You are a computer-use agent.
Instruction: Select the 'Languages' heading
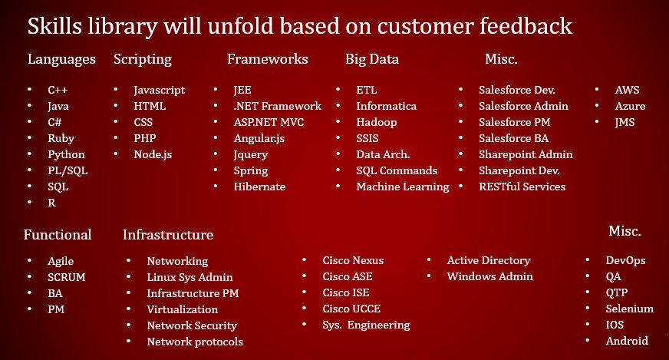coord(61,59)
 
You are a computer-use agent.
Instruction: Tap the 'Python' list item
coord(66,154)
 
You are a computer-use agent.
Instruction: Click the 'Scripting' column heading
coord(143,59)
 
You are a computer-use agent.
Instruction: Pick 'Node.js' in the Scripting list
coord(153,154)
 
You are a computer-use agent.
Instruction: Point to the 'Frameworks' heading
coord(268,59)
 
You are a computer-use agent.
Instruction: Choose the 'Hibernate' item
coord(259,187)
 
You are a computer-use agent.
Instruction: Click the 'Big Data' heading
coord(372,59)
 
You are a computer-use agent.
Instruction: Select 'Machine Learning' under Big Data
coord(403,187)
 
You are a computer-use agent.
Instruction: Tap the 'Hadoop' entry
coord(377,122)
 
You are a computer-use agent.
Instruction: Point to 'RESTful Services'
coord(522,187)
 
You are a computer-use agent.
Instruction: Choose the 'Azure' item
coord(630,106)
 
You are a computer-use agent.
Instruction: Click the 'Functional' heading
coord(58,235)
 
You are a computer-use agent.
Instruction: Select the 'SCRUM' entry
coord(66,277)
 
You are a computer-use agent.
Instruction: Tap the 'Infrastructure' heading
coord(168,235)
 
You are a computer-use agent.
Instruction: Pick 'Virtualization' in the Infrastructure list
coord(183,309)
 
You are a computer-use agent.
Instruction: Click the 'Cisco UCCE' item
coord(351,309)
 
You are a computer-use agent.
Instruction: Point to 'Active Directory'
coord(489,261)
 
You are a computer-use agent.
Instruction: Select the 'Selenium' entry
coord(630,309)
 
